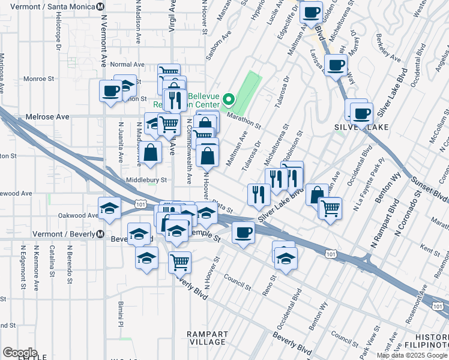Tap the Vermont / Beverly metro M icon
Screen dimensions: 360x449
pos(100,233)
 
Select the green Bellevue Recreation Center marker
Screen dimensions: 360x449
pos(228,99)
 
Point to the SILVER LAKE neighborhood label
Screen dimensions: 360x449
pos(361,127)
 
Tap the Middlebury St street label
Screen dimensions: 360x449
pos(146,179)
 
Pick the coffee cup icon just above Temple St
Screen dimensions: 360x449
pos(243,232)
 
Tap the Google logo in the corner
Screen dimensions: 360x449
pos(20,353)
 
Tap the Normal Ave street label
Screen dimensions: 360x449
pos(128,64)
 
